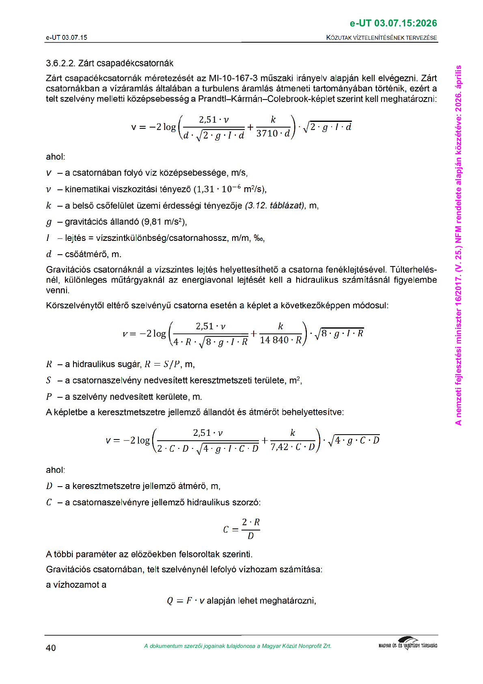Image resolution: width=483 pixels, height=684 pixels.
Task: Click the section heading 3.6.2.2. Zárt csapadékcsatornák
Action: (x=110, y=63)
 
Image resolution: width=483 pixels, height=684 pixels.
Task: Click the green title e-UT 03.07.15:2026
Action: (x=393, y=23)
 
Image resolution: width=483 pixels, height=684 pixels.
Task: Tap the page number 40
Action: (x=51, y=648)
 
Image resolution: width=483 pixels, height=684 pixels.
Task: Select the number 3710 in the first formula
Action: (x=267, y=134)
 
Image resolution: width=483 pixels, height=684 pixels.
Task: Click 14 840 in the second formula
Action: (x=274, y=340)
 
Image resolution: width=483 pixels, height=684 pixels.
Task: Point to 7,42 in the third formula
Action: (x=279, y=447)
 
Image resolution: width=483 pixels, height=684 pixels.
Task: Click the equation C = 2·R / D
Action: (x=241, y=529)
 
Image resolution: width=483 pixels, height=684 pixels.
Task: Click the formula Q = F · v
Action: (x=185, y=601)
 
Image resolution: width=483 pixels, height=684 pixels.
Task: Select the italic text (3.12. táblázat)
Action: (x=275, y=206)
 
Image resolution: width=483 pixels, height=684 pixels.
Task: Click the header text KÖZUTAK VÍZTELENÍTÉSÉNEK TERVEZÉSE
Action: (x=382, y=38)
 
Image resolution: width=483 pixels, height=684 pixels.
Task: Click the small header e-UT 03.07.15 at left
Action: (x=67, y=38)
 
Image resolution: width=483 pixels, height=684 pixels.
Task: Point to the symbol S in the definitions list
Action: (x=49, y=381)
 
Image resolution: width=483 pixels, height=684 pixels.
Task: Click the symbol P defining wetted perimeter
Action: (x=49, y=396)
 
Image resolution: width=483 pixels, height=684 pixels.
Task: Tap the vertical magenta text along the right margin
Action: (x=458, y=244)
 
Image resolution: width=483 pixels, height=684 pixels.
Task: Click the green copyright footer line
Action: (x=237, y=646)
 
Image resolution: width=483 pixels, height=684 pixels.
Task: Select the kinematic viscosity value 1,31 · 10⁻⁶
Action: (x=218, y=189)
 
